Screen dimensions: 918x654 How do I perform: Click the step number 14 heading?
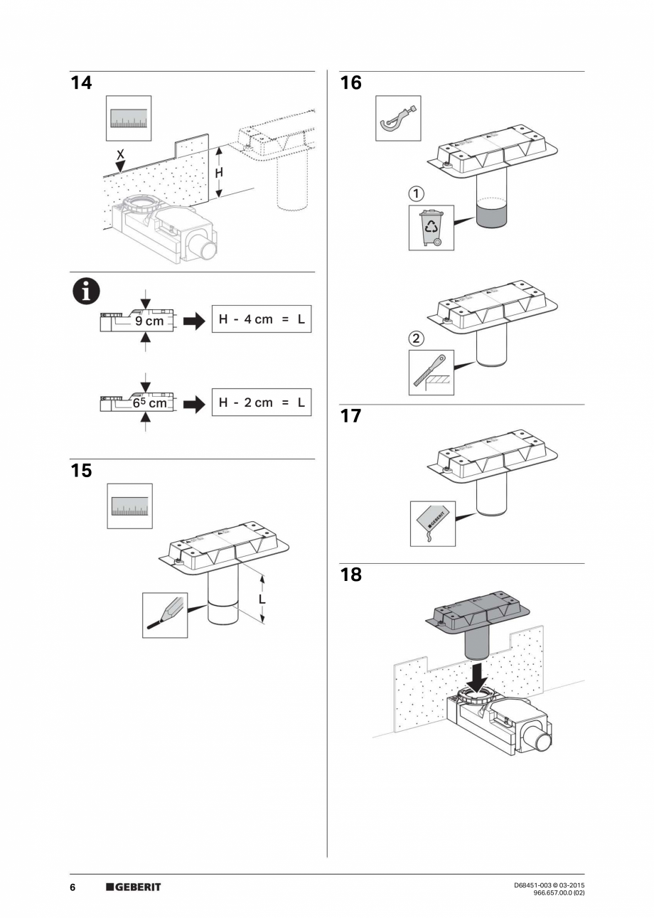82,83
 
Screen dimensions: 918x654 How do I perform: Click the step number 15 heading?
82,471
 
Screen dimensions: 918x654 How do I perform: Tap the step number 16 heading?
350,83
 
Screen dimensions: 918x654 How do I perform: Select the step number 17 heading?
350,416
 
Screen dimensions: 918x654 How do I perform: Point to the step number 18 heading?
350,575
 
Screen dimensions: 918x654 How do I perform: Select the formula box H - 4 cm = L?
262,320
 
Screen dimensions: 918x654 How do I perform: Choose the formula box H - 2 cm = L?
262,402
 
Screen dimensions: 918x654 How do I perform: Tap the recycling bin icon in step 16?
431,227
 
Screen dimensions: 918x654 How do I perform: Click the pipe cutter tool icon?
398,118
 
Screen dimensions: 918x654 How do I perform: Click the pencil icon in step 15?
165,615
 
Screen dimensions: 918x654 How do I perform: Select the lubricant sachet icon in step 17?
432,523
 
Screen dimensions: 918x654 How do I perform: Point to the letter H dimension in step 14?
219,173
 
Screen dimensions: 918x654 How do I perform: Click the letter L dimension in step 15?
262,599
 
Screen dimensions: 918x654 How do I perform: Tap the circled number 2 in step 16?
418,336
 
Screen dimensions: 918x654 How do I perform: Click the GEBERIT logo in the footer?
134,887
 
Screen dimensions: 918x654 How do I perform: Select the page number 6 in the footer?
73,887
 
